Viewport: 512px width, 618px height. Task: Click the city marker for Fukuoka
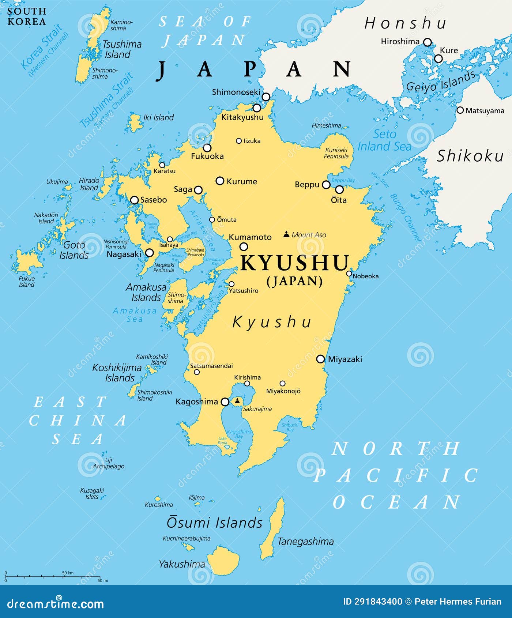(x=207, y=148)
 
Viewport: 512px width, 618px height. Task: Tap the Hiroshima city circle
(x=427, y=42)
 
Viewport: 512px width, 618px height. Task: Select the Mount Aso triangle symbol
(x=287, y=234)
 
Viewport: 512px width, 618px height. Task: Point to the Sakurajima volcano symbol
(x=237, y=401)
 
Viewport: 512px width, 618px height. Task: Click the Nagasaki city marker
(x=149, y=253)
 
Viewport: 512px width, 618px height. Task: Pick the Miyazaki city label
(x=345, y=359)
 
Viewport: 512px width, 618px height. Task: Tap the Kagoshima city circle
(x=225, y=402)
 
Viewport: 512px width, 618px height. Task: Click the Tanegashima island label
(x=305, y=541)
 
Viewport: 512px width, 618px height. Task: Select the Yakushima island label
(x=182, y=564)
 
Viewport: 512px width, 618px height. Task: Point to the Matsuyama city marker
(x=460, y=110)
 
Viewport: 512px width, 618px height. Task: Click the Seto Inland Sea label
(x=385, y=140)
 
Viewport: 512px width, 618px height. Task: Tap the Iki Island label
(x=158, y=117)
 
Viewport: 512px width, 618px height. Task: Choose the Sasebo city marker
(x=134, y=200)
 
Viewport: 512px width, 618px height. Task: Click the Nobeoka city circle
(x=349, y=274)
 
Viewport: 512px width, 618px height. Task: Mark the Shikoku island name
(x=470, y=156)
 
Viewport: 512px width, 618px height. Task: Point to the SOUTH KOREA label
(x=27, y=16)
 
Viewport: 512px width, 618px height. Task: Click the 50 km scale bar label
(x=68, y=573)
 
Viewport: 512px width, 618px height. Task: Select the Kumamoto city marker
(x=243, y=246)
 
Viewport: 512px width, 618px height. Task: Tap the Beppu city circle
(x=326, y=185)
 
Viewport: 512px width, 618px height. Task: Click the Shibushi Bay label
(x=290, y=427)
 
